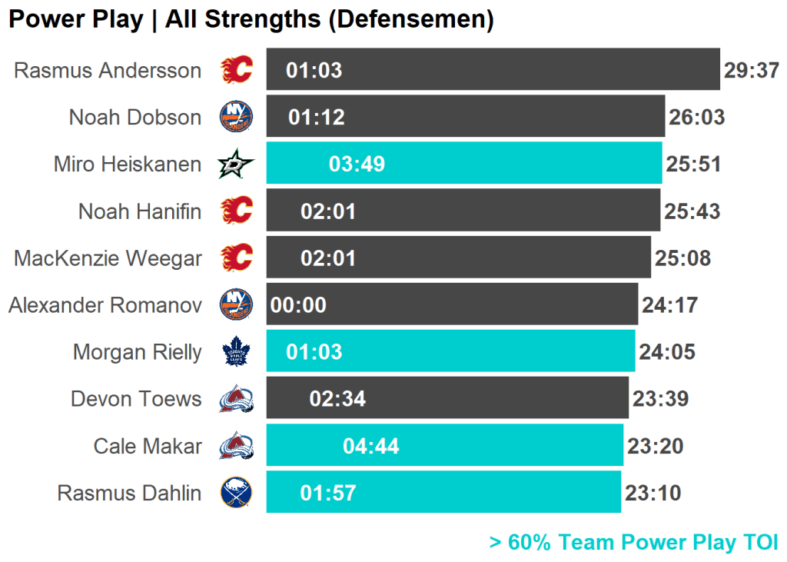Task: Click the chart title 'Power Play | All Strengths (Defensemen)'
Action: click(x=251, y=20)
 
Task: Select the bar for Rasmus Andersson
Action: click(x=492, y=69)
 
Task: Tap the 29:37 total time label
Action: click(x=752, y=71)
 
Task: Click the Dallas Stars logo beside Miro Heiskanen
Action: click(x=236, y=164)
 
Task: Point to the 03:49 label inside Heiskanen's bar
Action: click(x=357, y=164)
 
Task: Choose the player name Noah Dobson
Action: click(x=135, y=117)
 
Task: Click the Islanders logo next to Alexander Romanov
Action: click(x=236, y=304)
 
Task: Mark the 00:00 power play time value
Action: click(x=298, y=305)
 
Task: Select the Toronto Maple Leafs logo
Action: click(x=236, y=352)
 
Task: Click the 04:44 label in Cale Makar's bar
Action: click(x=371, y=446)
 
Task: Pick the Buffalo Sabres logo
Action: click(x=236, y=493)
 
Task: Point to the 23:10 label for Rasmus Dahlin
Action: click(x=653, y=493)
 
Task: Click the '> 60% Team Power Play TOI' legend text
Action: click(x=633, y=542)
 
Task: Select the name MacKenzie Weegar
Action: click(x=108, y=258)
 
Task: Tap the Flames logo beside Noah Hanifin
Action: click(x=236, y=211)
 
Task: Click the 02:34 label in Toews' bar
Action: click(x=337, y=399)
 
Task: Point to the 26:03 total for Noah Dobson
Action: click(x=696, y=118)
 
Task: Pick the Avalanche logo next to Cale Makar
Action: click(x=236, y=446)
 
